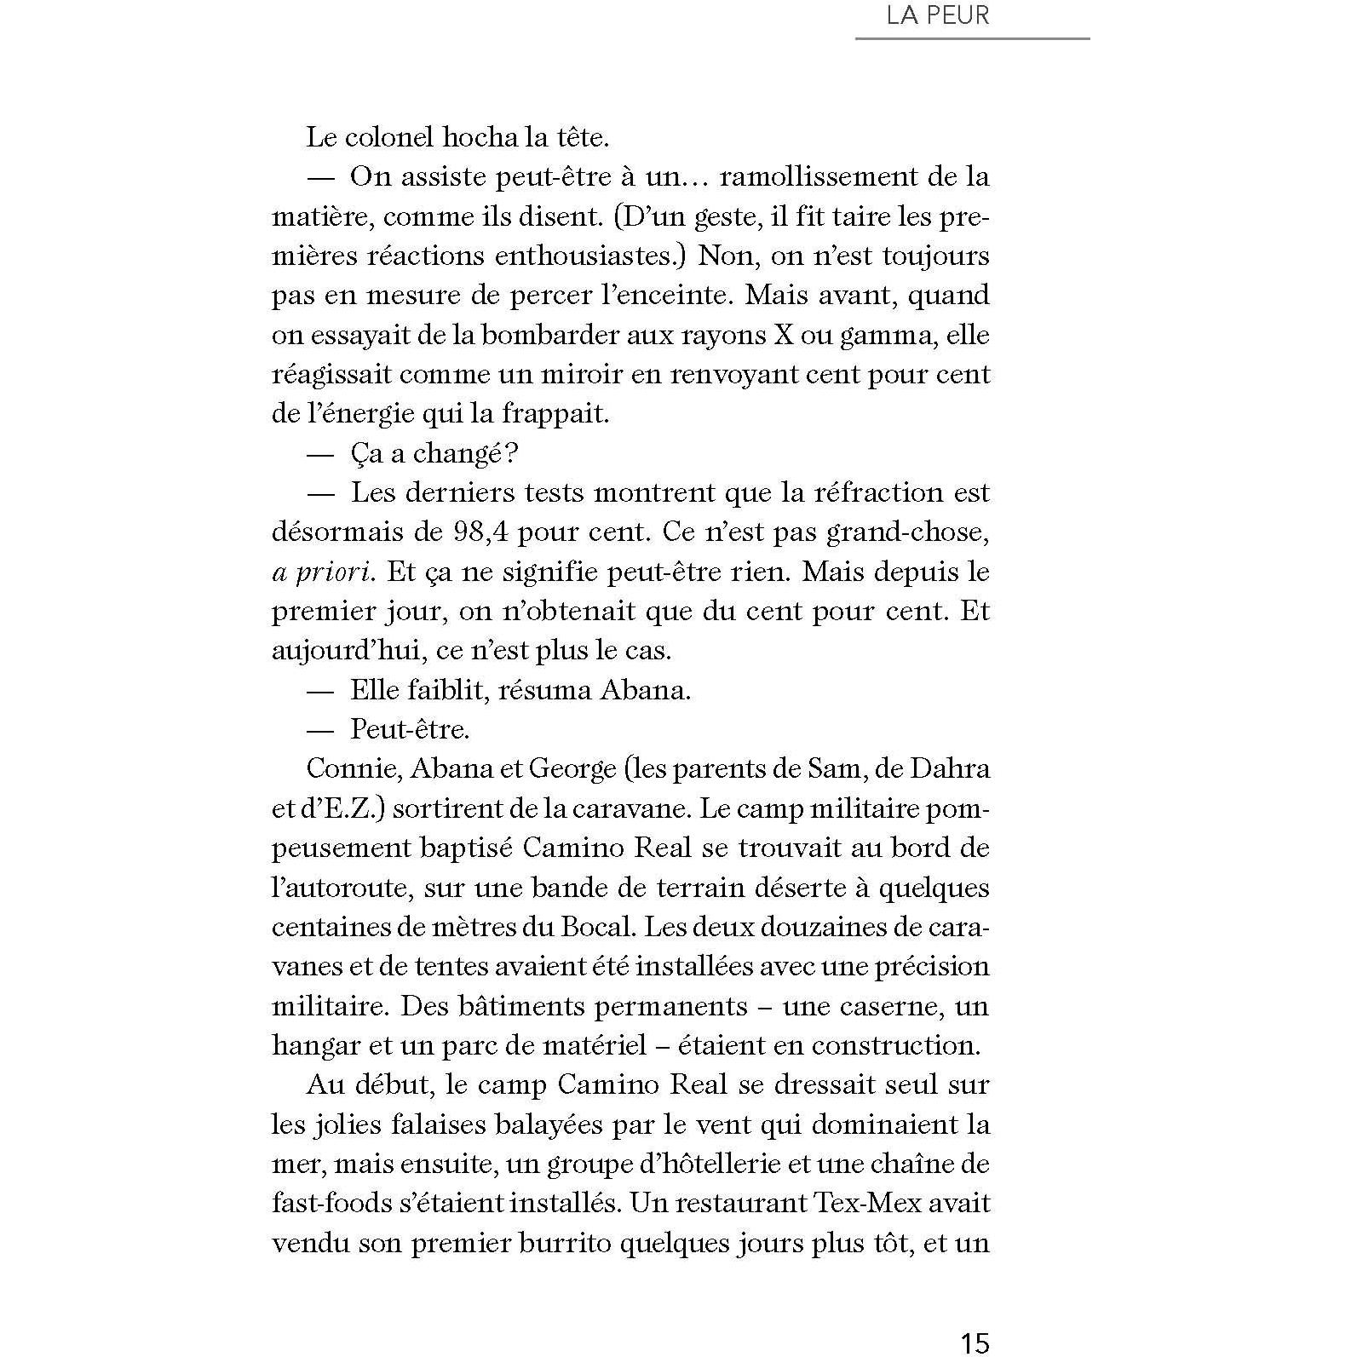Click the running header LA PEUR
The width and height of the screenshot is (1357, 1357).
[x=938, y=16]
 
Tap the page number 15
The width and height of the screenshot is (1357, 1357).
[x=975, y=1342]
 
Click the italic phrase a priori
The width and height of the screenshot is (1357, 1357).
[x=322, y=572]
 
